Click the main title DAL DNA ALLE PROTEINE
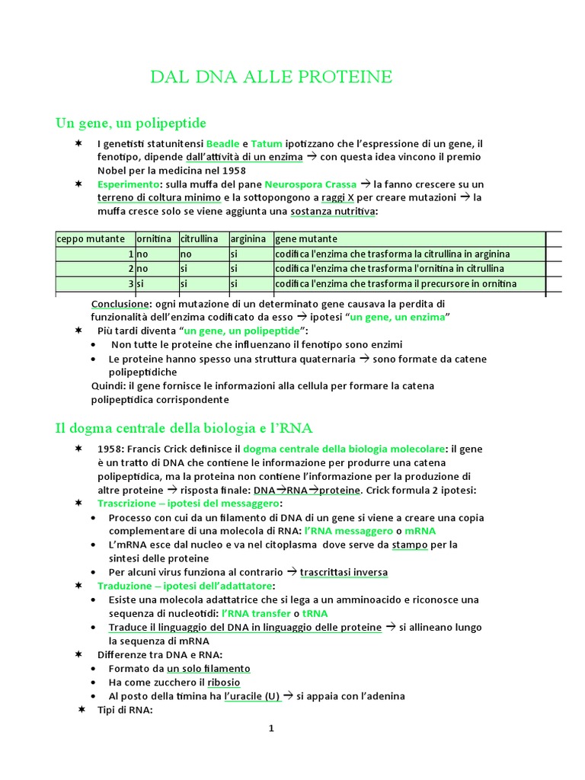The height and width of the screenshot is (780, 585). click(271, 76)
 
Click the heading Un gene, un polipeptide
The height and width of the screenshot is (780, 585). click(130, 123)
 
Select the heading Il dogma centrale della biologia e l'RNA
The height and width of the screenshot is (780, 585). click(184, 428)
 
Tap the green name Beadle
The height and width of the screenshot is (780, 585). click(222, 144)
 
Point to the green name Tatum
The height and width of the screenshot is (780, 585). click(266, 144)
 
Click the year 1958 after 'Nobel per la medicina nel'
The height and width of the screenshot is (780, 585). click(228, 171)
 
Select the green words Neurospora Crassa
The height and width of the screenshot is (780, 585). click(310, 184)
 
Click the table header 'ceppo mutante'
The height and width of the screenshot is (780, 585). click(84, 239)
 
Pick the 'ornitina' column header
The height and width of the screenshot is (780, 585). click(155, 239)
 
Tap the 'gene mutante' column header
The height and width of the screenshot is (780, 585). click(305, 239)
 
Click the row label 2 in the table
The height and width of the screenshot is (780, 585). click(131, 269)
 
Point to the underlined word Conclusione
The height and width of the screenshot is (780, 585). click(120, 303)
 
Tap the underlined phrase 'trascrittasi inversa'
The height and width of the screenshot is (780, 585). click(344, 572)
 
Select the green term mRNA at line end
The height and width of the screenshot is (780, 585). click(420, 530)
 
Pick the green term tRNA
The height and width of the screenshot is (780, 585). click(315, 613)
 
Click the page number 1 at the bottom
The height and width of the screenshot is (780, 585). click(270, 729)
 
